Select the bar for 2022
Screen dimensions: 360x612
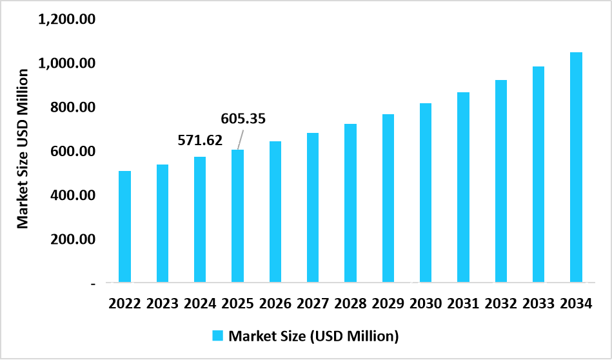(124, 226)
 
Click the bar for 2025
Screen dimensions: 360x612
(237, 216)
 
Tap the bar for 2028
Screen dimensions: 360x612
(350, 203)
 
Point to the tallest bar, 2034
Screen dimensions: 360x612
(576, 167)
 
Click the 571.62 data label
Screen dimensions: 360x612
(199, 139)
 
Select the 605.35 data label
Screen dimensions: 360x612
(243, 119)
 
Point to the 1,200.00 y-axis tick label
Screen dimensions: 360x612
(67, 19)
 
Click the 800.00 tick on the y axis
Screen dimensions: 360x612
(73, 107)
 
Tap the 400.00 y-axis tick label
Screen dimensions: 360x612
(73, 195)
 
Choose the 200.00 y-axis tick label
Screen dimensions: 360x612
(73, 239)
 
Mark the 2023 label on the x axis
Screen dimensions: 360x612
(163, 303)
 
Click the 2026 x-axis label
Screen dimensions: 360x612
(275, 303)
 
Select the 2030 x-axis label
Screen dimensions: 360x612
(426, 303)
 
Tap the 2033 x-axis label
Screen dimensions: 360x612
(538, 303)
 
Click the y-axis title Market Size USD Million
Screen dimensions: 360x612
(23, 150)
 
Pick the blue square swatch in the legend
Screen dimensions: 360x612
(217, 336)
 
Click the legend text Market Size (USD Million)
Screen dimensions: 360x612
(314, 336)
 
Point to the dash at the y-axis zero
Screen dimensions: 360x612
(94, 283)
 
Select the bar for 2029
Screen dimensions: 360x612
(388, 198)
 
